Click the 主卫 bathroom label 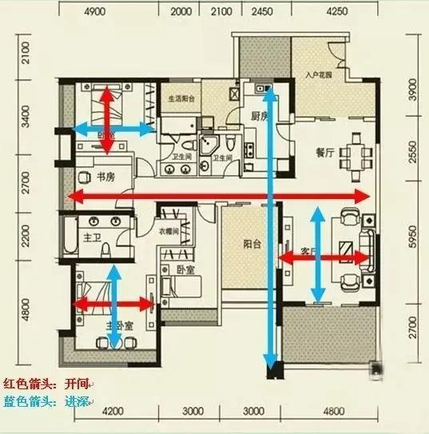click(92, 237)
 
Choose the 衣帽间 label click(145, 232)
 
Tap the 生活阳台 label click(181, 100)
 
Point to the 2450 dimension click(262, 12)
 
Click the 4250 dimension click(336, 12)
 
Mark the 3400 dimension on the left click(26, 125)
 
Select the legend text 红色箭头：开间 click(47, 384)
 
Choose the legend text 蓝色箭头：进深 click(47, 402)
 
